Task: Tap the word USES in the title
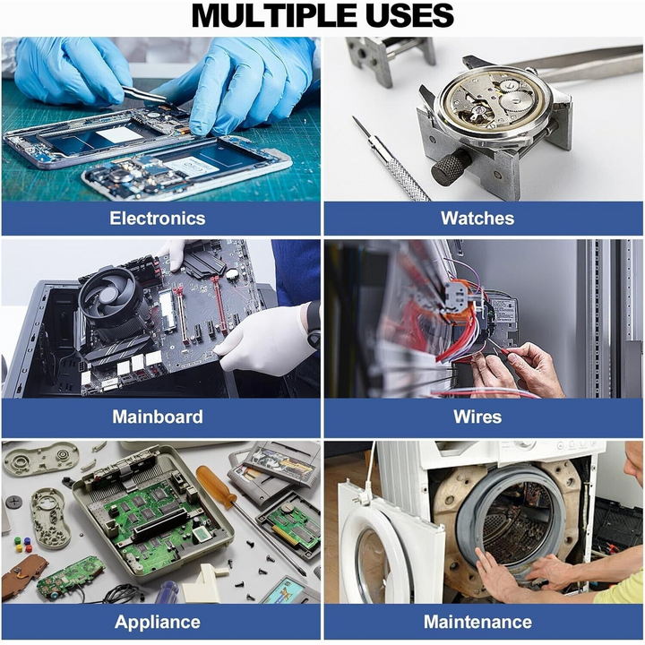(407, 15)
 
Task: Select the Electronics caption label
(158, 218)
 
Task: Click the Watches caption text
(477, 218)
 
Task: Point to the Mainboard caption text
(158, 417)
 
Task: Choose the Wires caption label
(477, 417)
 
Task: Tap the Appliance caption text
(158, 622)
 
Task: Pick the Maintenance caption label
(477, 622)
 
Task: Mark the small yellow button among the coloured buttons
(18, 548)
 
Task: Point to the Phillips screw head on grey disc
(13, 502)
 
